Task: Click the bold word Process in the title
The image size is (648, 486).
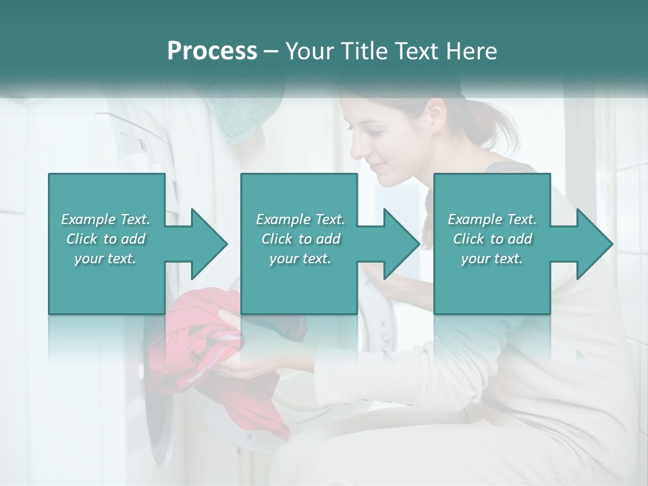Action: tap(212, 51)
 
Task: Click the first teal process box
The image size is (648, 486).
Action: tap(107, 244)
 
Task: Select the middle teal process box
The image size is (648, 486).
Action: tap(299, 244)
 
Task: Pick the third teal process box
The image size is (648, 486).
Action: tap(491, 244)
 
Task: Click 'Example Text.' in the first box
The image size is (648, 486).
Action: tap(105, 219)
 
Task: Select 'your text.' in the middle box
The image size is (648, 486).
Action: tap(300, 259)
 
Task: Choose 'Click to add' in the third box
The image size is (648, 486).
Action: tap(492, 239)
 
